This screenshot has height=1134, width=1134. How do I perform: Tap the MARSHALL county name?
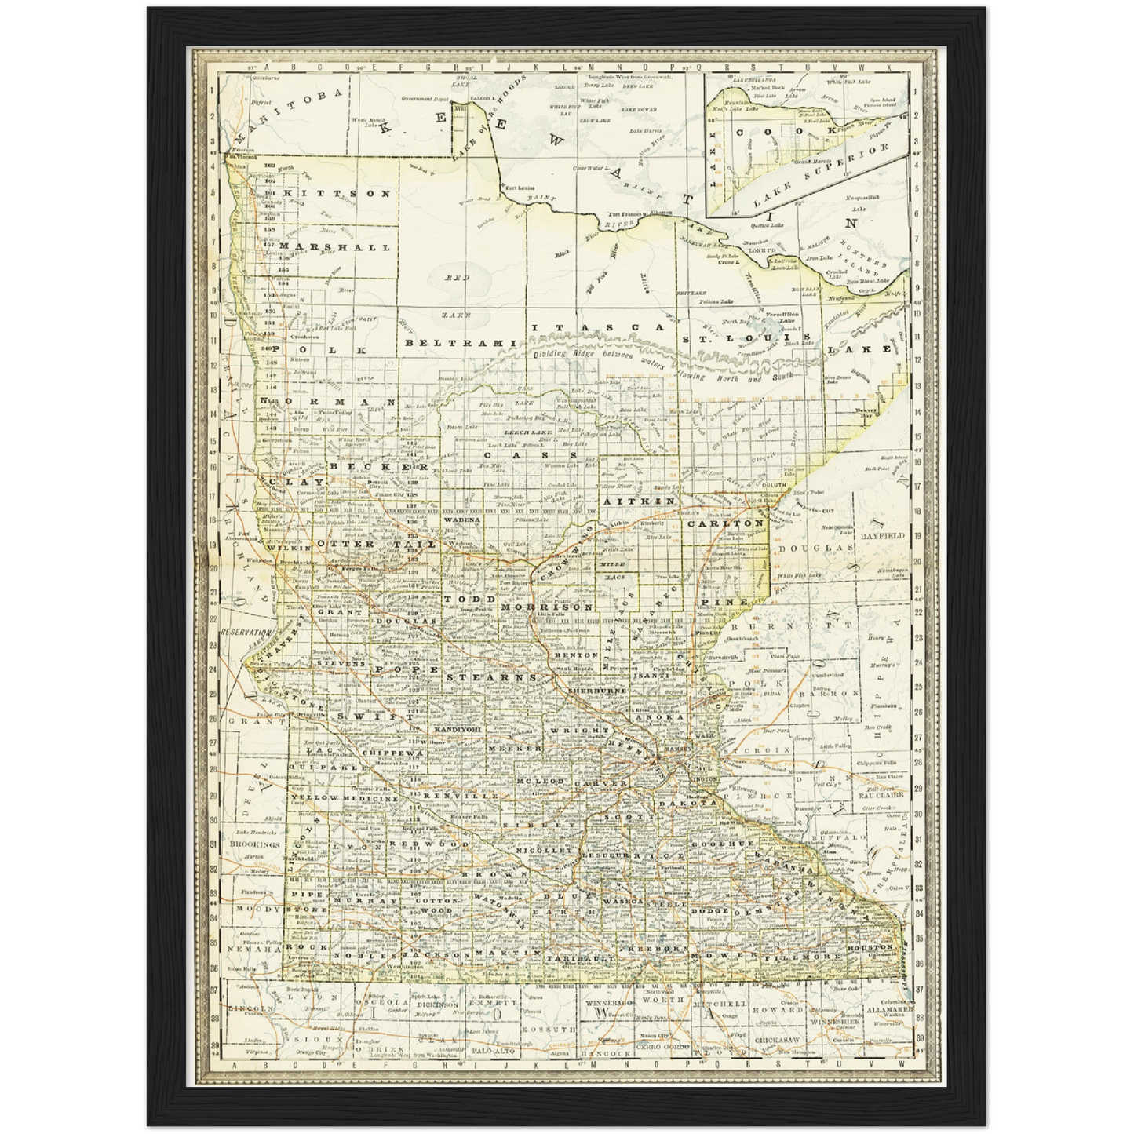click(x=334, y=247)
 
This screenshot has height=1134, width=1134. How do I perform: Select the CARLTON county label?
click(x=726, y=523)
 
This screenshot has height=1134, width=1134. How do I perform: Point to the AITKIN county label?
click(x=640, y=500)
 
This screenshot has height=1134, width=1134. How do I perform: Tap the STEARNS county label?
click(x=490, y=676)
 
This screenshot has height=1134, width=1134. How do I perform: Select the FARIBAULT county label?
click(x=571, y=959)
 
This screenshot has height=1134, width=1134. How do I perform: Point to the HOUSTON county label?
click(x=870, y=948)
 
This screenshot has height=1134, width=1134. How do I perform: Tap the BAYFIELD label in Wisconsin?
click(x=883, y=535)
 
